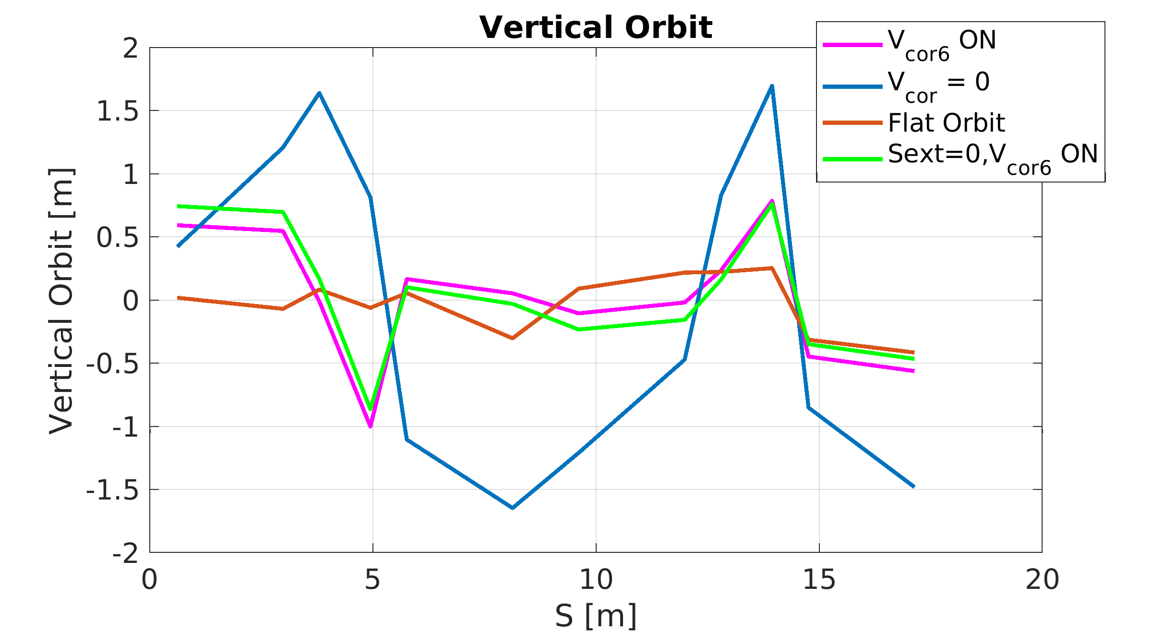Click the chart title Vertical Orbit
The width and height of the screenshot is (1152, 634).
(x=596, y=27)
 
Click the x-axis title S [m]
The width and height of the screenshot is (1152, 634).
(x=596, y=616)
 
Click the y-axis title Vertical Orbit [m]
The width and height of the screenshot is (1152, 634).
(x=61, y=301)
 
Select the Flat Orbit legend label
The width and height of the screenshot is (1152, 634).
(x=946, y=123)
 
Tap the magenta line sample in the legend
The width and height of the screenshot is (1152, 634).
(x=852, y=45)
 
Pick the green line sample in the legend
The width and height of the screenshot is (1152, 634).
(x=852, y=159)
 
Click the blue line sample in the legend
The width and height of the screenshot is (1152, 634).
(x=852, y=87)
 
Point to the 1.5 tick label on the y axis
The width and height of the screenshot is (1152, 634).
(x=117, y=111)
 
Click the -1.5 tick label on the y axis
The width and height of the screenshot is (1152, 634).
(x=112, y=490)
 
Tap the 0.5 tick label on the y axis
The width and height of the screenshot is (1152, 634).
(x=117, y=238)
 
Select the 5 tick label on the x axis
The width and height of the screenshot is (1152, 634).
(x=372, y=580)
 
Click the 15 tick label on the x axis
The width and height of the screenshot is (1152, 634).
(x=819, y=580)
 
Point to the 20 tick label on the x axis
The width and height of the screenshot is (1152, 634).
(x=1042, y=580)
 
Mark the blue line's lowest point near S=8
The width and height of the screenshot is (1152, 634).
(x=513, y=508)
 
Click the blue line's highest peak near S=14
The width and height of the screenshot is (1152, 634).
(x=772, y=86)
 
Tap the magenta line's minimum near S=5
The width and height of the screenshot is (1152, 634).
(x=371, y=426)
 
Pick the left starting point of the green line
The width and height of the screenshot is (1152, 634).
(x=178, y=206)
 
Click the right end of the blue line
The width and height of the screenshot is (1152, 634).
(x=914, y=487)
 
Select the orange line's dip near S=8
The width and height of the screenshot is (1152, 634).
(x=513, y=338)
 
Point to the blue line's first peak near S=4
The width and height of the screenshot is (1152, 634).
(x=319, y=93)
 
